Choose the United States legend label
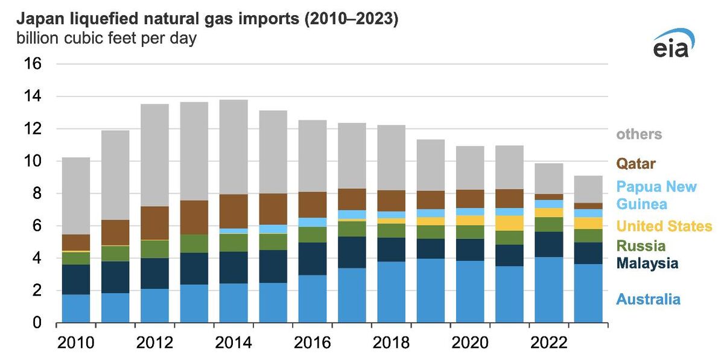coord(664,226)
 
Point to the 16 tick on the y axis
coord(33,64)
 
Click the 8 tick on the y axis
coord(37,194)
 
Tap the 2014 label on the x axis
coord(233,343)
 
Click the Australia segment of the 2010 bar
coord(76,308)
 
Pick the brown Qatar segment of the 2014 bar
coord(233,211)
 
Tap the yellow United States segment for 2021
coord(509,223)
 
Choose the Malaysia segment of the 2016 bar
coord(312,259)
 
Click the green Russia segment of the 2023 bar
coord(588,236)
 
